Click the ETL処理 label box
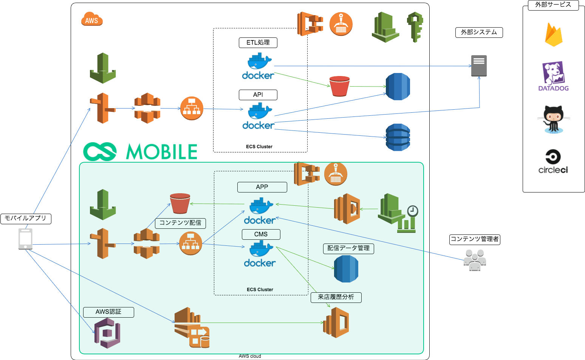tap(258, 43)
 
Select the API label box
tap(258, 95)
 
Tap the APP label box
tap(262, 187)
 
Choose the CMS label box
tap(261, 234)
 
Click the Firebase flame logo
tap(554, 35)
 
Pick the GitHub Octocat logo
tap(554, 119)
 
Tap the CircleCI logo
tap(553, 161)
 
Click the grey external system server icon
tap(479, 65)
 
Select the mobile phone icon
tap(25, 239)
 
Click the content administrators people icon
tap(475, 260)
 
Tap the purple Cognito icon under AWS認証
tap(107, 333)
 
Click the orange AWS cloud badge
tap(92, 19)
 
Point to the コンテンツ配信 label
tap(180, 223)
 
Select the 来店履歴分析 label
tap(336, 297)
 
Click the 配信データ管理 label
tap(348, 248)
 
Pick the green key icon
tap(415, 26)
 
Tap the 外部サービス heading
tap(553, 5)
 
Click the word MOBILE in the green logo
tap(161, 152)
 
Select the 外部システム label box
tap(479, 33)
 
